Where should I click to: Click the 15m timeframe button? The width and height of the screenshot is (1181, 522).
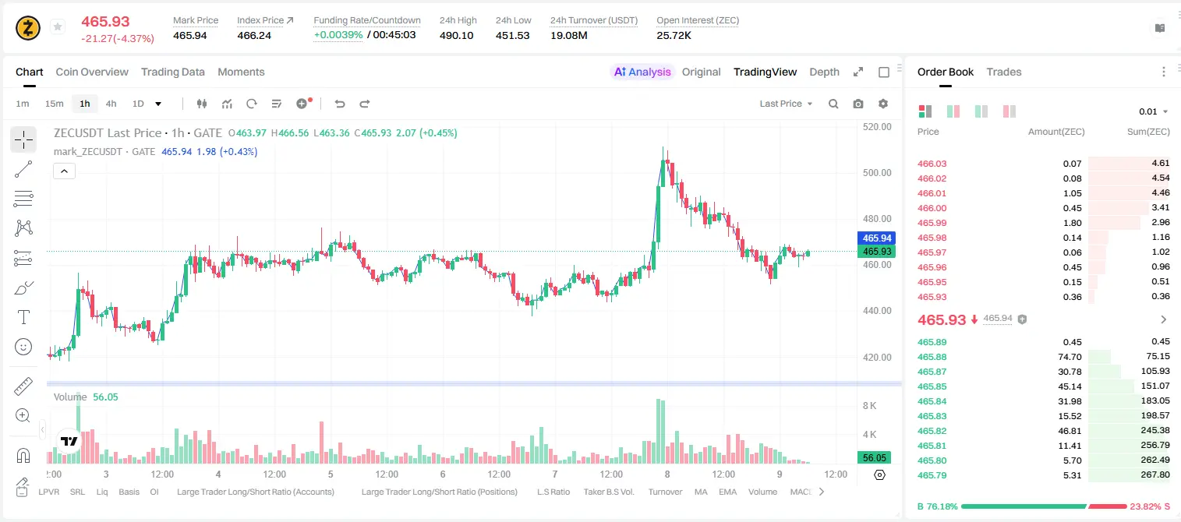coord(55,104)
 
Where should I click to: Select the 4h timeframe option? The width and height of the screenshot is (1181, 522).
coord(111,104)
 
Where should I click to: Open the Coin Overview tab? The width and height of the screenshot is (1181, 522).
coord(92,72)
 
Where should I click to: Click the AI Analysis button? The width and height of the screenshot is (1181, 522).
coord(642,72)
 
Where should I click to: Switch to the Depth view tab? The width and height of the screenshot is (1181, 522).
coord(824,72)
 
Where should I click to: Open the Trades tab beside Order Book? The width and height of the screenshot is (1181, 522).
coord(1004,72)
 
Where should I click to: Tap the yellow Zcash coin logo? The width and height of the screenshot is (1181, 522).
coord(28,28)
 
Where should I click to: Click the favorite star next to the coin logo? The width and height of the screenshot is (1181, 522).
coord(58,26)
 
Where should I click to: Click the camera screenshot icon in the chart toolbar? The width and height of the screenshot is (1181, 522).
coord(858,104)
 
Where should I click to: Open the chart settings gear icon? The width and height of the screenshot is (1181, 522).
coord(883,104)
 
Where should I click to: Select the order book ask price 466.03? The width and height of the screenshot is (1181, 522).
coord(932,164)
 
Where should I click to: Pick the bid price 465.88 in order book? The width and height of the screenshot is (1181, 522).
coord(932,357)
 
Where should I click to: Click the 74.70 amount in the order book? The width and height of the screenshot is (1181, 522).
coord(1070,357)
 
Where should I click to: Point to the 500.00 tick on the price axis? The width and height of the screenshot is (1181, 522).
coord(877,173)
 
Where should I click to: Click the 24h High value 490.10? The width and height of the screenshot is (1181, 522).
coord(457,35)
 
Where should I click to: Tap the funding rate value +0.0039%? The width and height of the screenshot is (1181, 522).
coord(338,35)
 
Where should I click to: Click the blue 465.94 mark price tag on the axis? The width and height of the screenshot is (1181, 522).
coord(876,238)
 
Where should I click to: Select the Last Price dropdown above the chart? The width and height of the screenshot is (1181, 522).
coord(786,104)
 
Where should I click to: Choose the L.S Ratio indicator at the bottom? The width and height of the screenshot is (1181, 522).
coord(553,492)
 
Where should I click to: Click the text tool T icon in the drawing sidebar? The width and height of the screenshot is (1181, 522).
coord(23,317)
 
